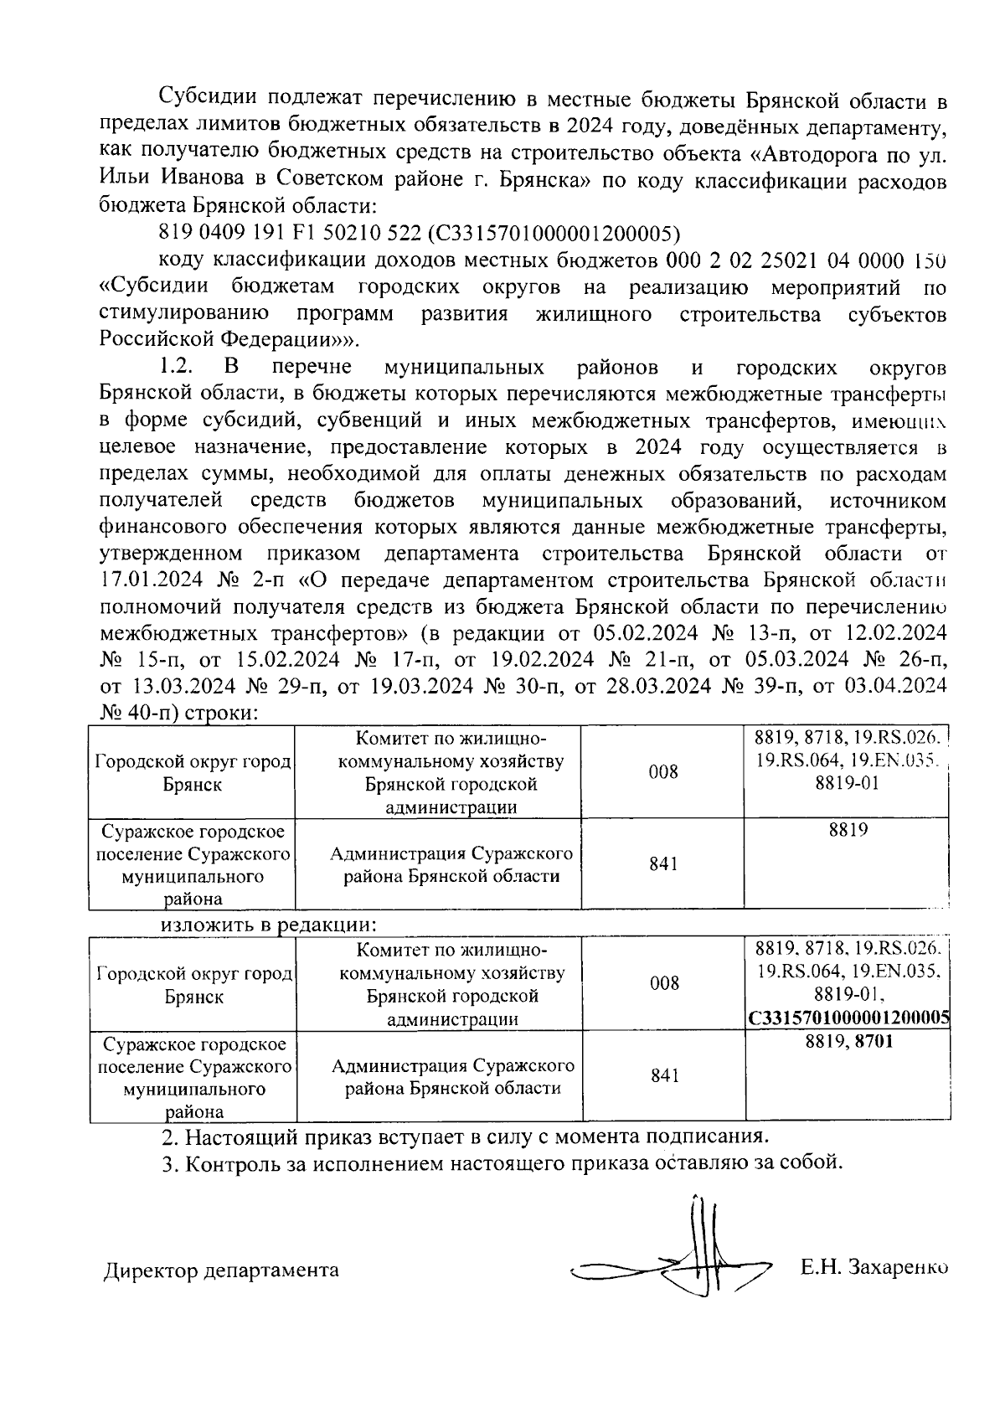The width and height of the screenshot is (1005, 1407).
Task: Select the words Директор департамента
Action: pyautogui.click(x=221, y=1270)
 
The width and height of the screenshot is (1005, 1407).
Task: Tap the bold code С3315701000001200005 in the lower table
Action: pyautogui.click(x=848, y=1018)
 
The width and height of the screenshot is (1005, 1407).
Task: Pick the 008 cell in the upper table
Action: pyautogui.click(x=663, y=772)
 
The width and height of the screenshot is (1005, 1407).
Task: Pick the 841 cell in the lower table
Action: pyautogui.click(x=664, y=1075)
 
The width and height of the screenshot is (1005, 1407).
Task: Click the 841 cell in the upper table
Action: pyautogui.click(x=663, y=863)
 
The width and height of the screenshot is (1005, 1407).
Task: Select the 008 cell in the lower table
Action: pyautogui.click(x=664, y=983)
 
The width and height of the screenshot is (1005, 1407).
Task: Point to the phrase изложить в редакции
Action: pyautogui.click(x=269, y=925)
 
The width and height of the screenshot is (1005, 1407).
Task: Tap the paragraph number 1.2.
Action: pyautogui.click(x=177, y=367)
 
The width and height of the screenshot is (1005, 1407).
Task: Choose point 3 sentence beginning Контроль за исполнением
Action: pyautogui.click(x=500, y=1163)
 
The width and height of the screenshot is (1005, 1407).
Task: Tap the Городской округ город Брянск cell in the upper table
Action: pyautogui.click(x=193, y=773)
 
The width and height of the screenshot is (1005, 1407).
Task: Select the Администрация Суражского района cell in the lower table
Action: pyautogui.click(x=452, y=1076)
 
